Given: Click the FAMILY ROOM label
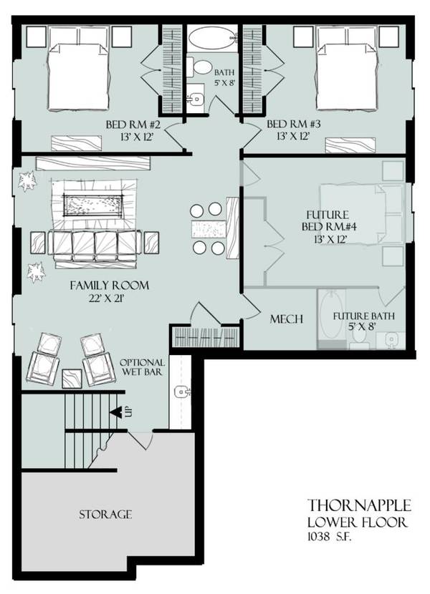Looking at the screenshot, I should point(109,286).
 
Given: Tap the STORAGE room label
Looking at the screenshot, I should point(105,514).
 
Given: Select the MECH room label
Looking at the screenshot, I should point(285,319).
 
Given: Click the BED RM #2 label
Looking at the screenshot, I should point(136,124).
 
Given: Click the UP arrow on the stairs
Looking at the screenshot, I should point(115,412).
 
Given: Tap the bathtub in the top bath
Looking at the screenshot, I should point(214,36).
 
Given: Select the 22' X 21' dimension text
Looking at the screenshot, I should point(109,298).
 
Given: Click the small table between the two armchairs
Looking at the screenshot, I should point(72,377).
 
